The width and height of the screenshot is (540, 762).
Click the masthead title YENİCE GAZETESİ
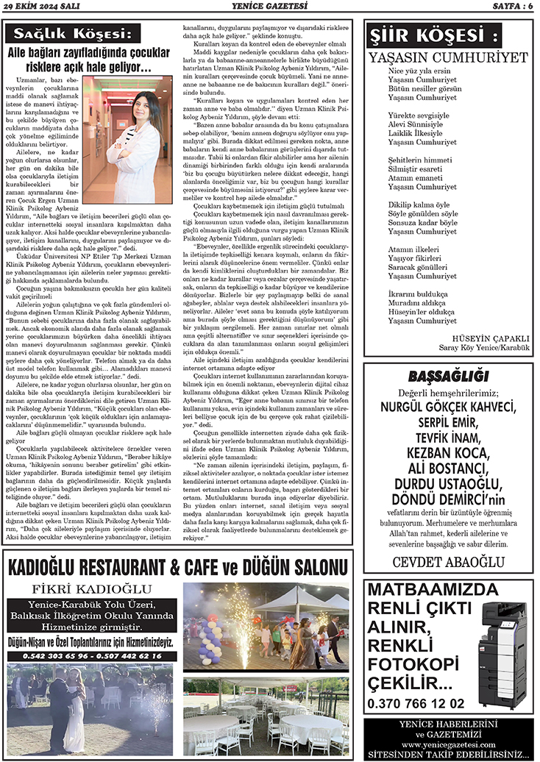point(269,7)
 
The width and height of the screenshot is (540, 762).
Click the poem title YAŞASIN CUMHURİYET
point(449,57)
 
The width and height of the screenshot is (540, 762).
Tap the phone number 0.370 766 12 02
point(416,703)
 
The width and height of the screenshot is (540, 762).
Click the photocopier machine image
point(502,645)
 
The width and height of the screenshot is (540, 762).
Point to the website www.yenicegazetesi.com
point(447,744)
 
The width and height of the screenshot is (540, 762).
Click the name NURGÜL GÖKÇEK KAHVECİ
point(449,408)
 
